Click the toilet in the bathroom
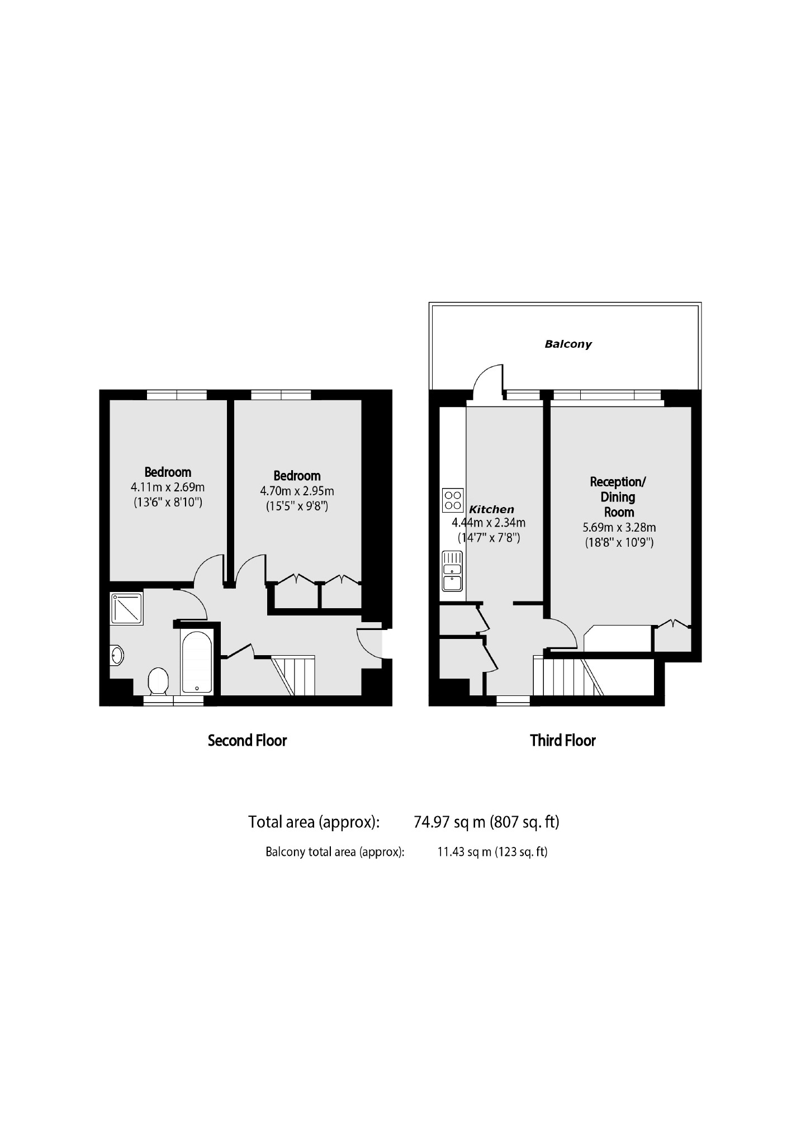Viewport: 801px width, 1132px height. coord(158,680)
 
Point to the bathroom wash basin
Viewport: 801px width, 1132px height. coord(116,655)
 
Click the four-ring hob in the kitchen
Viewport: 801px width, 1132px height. coord(453,500)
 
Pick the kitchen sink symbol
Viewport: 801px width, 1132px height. coord(452,571)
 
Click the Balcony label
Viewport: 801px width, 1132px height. coord(568,344)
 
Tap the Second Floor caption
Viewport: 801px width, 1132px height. coord(247,741)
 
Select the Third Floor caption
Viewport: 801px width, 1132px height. coord(563,741)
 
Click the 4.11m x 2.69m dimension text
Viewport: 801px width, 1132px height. coord(168,487)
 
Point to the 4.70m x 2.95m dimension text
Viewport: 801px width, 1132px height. coord(297,491)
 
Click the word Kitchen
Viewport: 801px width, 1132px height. coord(491,509)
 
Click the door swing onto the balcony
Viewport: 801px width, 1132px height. coord(488,380)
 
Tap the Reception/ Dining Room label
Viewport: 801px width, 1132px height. coord(618,496)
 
